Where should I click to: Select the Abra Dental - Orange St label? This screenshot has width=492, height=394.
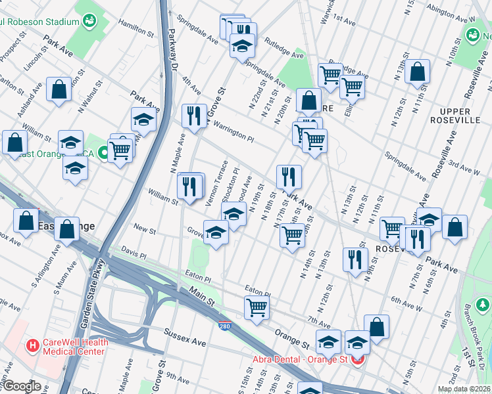click(x=302, y=359)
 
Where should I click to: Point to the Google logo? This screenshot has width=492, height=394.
click(x=22, y=386)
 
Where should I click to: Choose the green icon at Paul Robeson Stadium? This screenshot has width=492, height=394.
click(x=89, y=22)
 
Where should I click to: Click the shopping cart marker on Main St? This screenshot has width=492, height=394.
click(x=257, y=307)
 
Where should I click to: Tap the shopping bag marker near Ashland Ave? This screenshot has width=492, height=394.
click(x=59, y=91)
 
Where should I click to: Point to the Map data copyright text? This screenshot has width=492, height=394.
click(x=464, y=389)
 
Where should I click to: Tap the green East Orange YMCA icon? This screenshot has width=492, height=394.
click(x=103, y=154)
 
